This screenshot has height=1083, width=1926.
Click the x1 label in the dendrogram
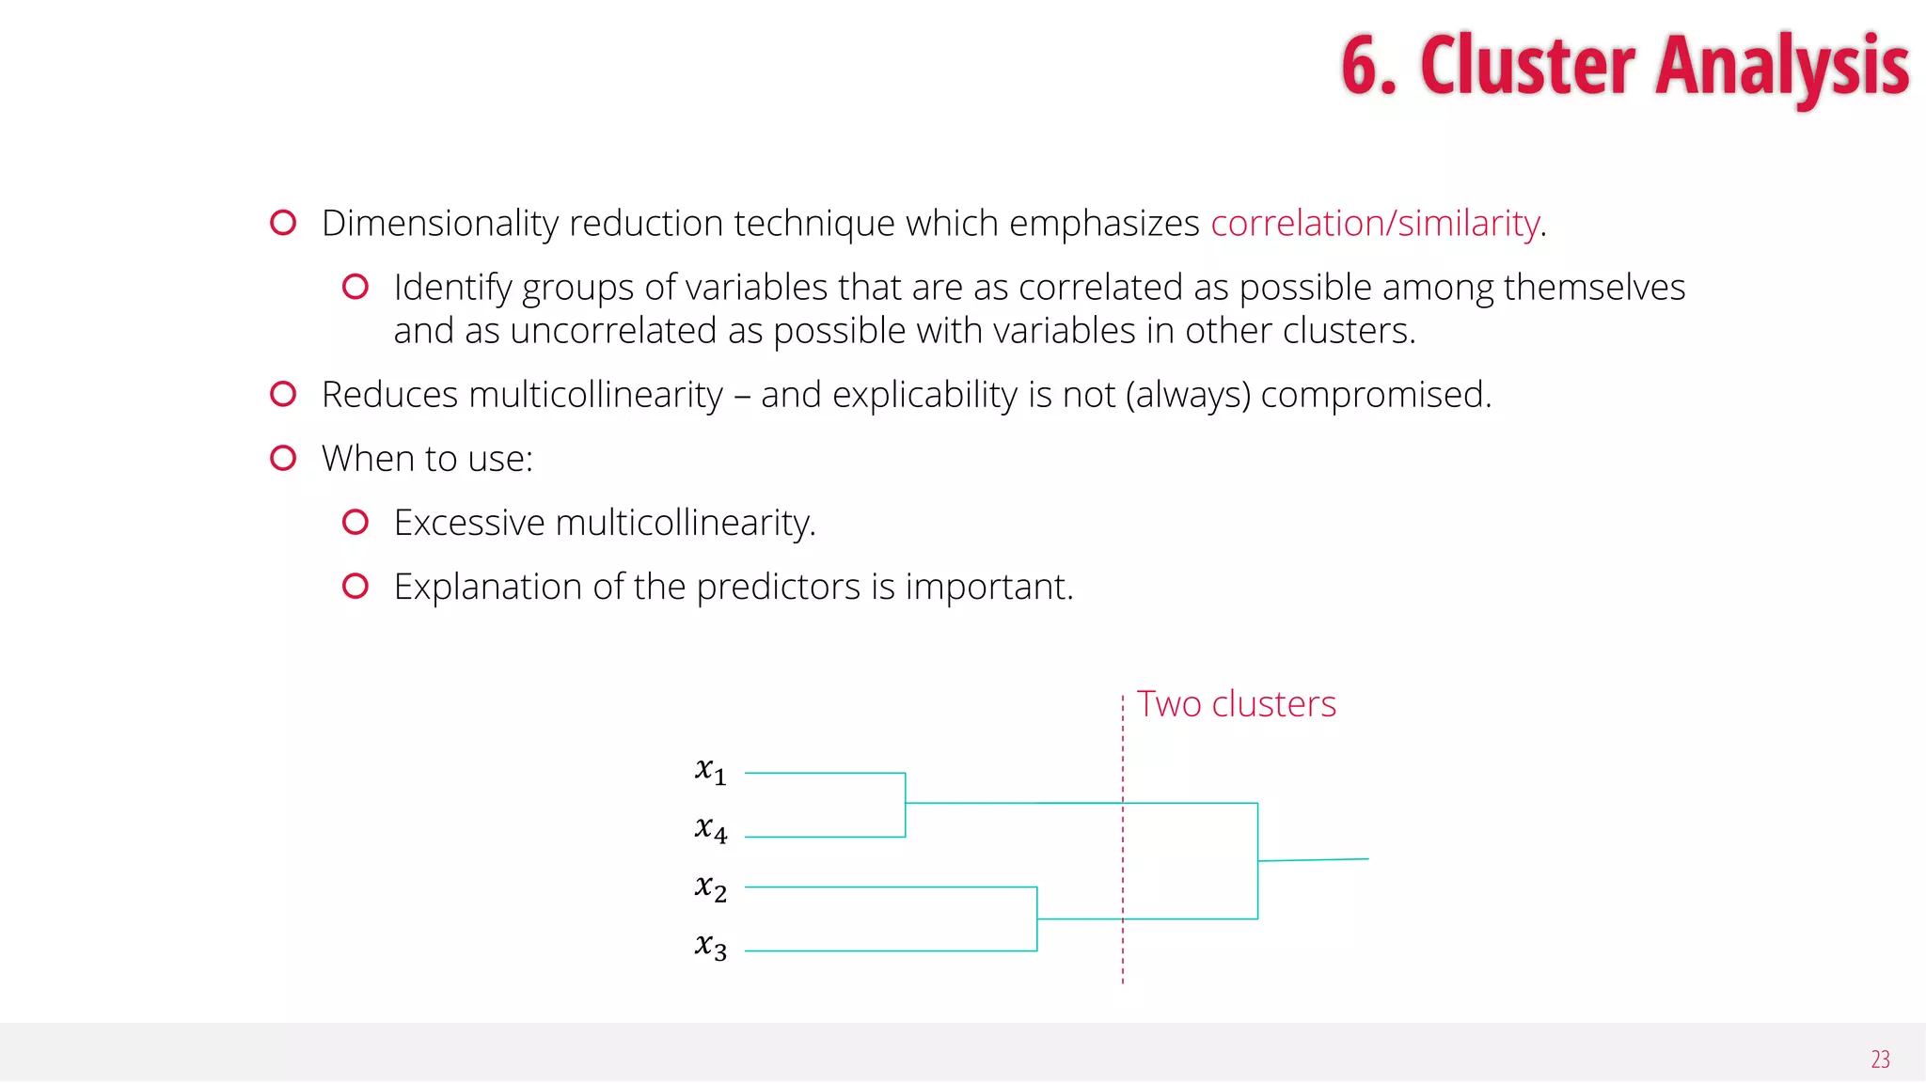710,772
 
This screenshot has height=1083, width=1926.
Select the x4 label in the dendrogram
710,830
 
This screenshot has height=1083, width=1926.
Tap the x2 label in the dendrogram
710,888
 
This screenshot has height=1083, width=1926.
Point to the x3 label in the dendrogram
710,947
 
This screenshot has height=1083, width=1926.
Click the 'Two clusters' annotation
1236,704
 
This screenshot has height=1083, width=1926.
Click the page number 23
1880,1059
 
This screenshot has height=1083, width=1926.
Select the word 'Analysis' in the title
1781,66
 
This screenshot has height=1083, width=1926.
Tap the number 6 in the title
1361,66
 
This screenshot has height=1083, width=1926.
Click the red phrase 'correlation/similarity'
1375,224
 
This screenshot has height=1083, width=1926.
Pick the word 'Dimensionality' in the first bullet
440,224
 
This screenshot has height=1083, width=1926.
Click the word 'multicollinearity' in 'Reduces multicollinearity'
595,395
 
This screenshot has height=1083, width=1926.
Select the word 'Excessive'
469,523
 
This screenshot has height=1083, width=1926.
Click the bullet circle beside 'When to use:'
283,458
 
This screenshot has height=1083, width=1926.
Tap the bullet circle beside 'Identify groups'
355,287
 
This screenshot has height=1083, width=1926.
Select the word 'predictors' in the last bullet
778,588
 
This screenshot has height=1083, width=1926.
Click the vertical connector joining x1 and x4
906,805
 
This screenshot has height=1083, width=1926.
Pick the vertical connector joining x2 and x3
1037,918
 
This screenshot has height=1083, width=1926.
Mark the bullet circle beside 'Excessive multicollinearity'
355,522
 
